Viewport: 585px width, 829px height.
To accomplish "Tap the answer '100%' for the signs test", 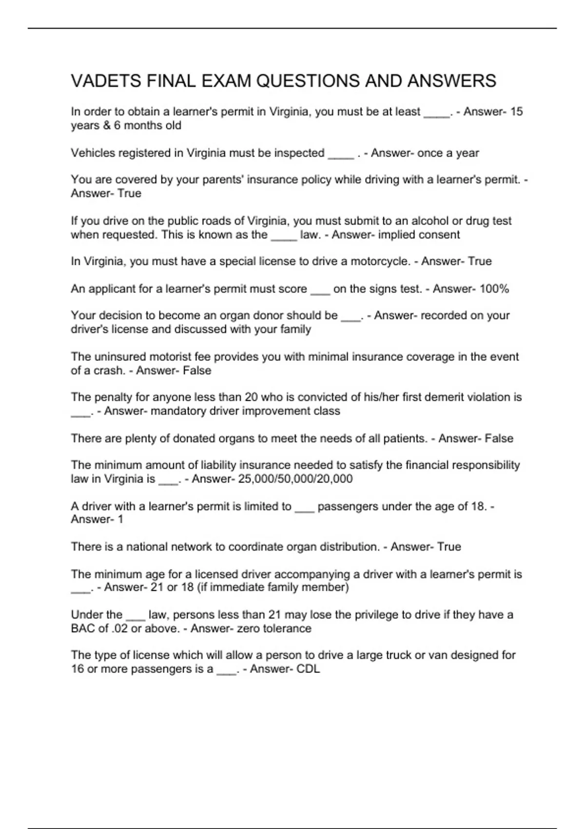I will pos(494,289).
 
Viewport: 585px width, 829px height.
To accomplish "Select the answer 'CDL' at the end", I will pos(308,669).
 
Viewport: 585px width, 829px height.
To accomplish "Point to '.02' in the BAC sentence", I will pos(119,629).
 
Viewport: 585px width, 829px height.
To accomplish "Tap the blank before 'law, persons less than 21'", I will pos(135,615).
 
